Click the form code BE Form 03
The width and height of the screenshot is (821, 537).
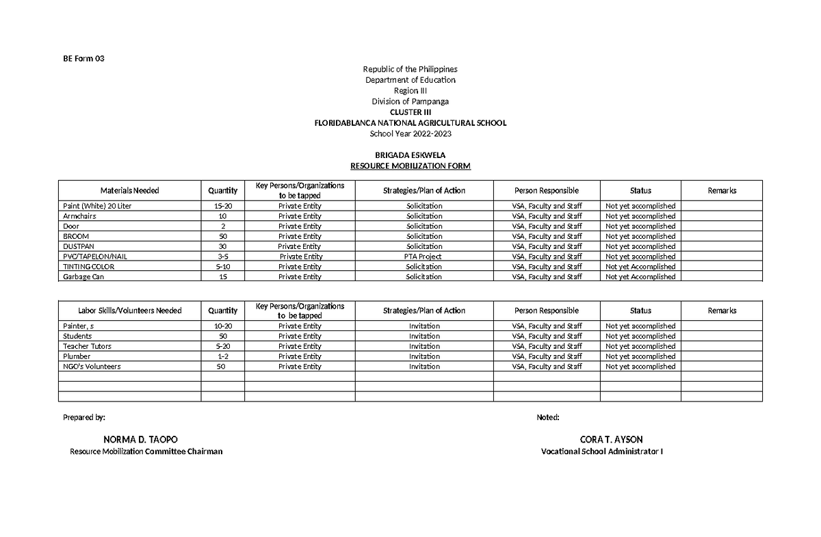[83, 58]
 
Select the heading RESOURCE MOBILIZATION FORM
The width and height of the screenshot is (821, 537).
[410, 166]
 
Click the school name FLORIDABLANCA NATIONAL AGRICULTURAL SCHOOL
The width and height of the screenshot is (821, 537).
[410, 123]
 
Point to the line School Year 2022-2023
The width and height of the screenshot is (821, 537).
[410, 133]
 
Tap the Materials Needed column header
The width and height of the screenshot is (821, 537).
[129, 191]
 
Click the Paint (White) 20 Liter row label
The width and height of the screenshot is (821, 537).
[96, 206]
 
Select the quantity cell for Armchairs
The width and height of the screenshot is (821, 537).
[222, 216]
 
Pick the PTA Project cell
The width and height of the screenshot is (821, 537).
[424, 257]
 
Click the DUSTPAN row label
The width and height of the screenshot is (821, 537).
[77, 246]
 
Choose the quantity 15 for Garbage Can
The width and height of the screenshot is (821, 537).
[222, 277]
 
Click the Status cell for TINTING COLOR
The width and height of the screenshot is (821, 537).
[640, 267]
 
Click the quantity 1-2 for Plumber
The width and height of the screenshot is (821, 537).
[222, 356]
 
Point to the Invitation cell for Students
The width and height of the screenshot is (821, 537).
[424, 337]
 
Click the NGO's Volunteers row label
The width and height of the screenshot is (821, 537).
[91, 367]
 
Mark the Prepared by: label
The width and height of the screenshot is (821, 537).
[84, 417]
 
